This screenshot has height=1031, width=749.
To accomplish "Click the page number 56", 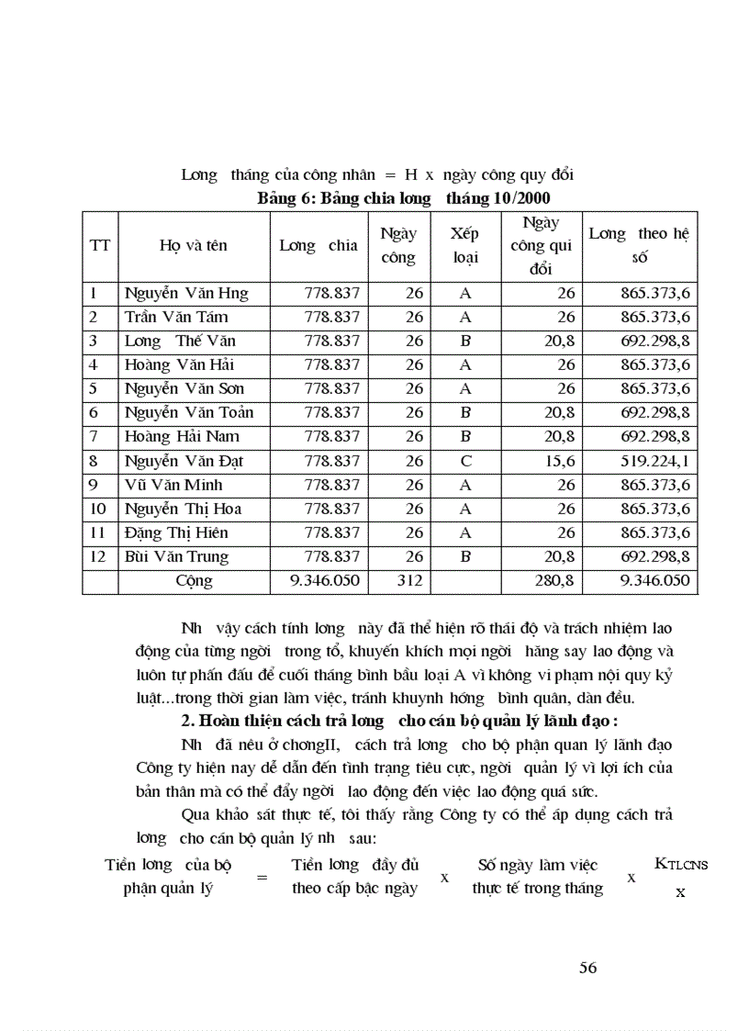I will pos(588,966).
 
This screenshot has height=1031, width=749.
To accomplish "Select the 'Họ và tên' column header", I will pos(193,245).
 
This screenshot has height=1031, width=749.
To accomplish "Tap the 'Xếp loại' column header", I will pos(465,245).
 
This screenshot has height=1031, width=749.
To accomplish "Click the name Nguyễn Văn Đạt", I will pos(184,461).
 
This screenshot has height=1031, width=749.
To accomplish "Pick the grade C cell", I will pos(465,461).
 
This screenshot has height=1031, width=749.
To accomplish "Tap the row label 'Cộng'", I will pos(194,580).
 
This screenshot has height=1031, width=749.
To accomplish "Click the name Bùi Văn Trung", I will pos(176,556).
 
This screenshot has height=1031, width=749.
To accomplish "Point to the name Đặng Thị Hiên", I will pos(176,532).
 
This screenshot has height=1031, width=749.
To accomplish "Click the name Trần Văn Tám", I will pos(175,318).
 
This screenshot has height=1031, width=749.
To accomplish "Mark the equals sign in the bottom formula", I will pos(262,877).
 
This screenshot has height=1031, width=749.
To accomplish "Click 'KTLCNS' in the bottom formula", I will pos(680,863).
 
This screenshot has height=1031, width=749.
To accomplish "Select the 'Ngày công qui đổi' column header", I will pos(541,245).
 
